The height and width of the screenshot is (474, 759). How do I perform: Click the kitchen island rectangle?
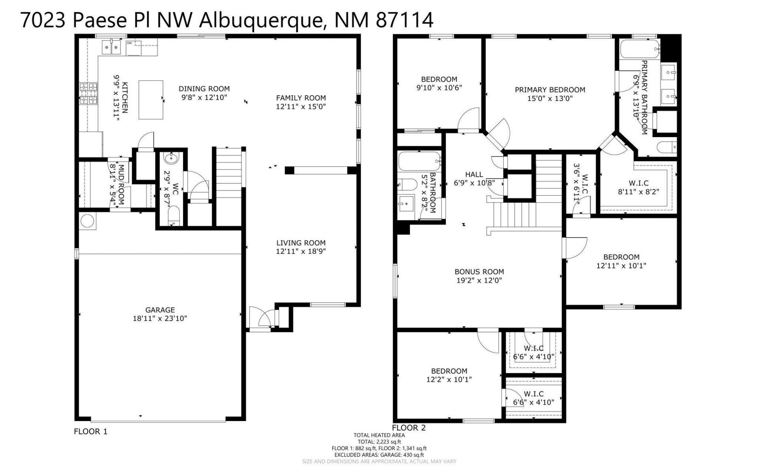151,100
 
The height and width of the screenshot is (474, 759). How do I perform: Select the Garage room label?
160,310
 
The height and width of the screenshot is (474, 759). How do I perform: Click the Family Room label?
301,98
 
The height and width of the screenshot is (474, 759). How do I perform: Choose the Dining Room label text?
204,89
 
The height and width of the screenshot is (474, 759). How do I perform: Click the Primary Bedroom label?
550,90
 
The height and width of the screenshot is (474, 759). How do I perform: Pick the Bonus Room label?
479,272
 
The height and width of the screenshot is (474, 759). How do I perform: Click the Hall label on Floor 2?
474,174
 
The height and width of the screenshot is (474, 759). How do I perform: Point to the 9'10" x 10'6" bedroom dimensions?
439,88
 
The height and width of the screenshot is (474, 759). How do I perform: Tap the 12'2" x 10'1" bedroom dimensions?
449,380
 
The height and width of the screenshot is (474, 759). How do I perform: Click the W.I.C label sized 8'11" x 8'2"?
638,183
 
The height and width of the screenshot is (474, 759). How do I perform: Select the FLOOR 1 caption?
91,431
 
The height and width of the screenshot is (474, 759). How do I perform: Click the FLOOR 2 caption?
409,428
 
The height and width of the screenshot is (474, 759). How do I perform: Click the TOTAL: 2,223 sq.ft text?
379,442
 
